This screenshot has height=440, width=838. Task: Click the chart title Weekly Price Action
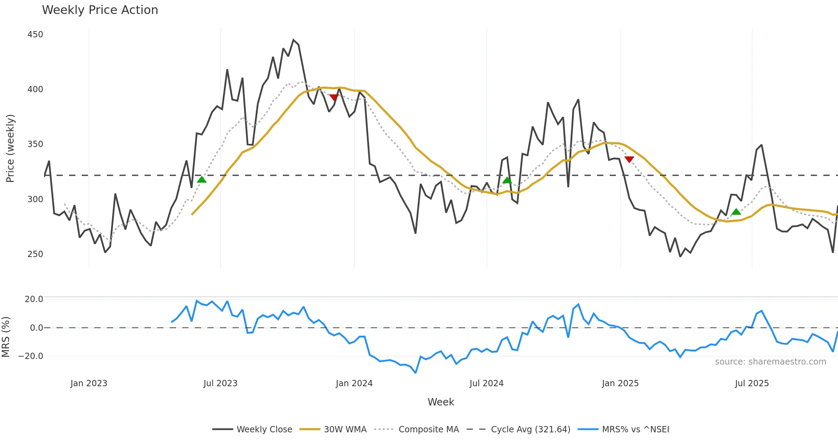tap(100, 10)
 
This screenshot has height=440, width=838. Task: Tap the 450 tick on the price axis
tap(35, 35)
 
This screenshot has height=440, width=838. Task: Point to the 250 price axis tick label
tap(35, 254)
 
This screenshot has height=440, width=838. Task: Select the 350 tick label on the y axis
tap(35, 144)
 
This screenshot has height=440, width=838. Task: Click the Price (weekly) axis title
tap(10, 148)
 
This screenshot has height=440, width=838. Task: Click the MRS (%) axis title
tap(6, 337)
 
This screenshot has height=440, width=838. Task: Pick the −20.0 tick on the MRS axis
tap(31, 356)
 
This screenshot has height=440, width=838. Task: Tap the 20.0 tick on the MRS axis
tap(34, 299)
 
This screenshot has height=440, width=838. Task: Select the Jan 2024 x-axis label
tap(354, 383)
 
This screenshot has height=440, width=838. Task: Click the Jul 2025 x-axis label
tap(752, 383)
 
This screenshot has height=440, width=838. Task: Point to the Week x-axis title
tap(441, 402)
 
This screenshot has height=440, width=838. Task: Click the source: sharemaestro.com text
tap(770, 362)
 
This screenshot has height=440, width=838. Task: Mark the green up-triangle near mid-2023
tap(202, 179)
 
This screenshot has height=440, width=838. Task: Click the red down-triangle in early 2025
tap(629, 159)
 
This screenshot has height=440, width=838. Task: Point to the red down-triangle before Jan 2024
tap(334, 97)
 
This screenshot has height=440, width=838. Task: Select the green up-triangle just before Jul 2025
tap(736, 212)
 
